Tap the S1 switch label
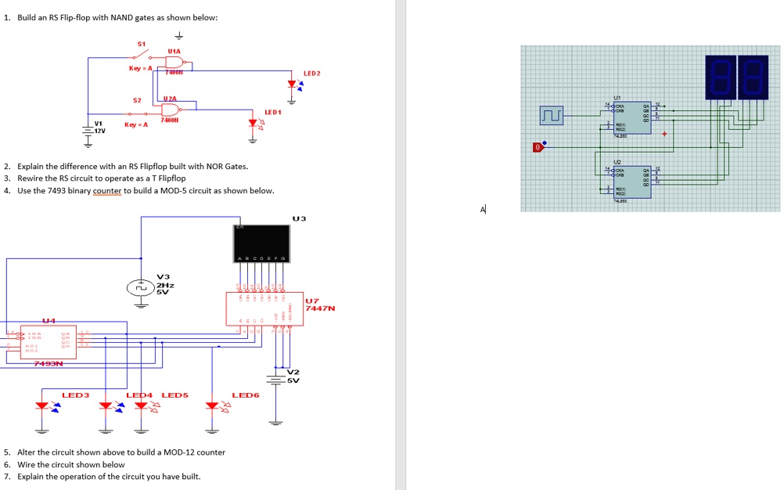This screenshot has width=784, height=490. (142, 44)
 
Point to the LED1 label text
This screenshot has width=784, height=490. (272, 112)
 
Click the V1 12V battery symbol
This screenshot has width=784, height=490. (87, 130)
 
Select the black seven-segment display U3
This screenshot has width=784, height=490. (261, 243)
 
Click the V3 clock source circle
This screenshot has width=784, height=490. (141, 287)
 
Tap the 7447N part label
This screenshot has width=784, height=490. (320, 308)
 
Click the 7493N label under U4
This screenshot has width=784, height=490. (49, 363)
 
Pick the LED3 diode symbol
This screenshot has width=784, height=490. (42, 405)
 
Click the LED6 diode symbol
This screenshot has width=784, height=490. (211, 405)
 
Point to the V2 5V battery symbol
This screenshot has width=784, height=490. (275, 380)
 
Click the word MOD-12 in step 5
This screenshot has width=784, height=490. (172, 452)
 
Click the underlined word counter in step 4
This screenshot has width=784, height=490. (106, 191)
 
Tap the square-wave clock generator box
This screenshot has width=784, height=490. (552, 117)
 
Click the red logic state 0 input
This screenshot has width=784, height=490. (538, 146)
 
